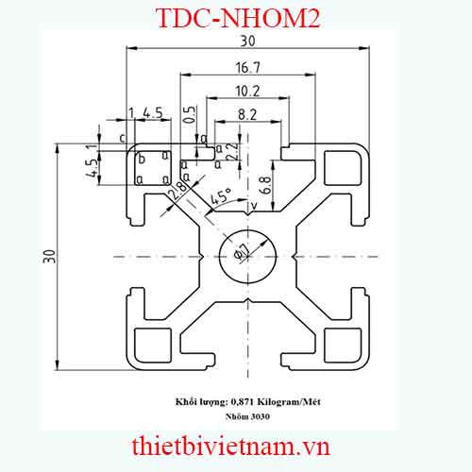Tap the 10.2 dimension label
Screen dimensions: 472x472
coord(248,91)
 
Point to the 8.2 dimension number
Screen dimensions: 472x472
coord(247,114)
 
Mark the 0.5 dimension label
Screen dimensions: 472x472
coord(189,115)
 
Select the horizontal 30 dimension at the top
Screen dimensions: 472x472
coord(247,42)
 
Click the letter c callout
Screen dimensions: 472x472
coord(123,138)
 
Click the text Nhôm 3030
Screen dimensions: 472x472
coord(246,415)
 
